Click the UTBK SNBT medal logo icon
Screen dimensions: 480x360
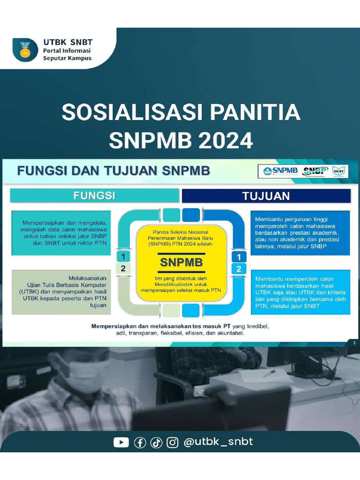tap(25, 49)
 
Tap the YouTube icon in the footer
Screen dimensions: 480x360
tap(121, 442)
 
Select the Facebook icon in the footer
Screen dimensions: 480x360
tap(140, 442)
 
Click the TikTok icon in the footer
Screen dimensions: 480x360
tap(156, 442)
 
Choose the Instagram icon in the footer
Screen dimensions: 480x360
tap(172, 442)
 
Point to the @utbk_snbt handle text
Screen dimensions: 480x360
tap(218, 442)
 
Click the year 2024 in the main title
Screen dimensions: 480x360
tap(223, 140)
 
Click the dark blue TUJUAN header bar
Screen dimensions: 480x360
tap(266, 195)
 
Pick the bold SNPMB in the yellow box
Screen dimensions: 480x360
tap(181, 262)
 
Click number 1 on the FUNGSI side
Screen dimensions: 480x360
tap(123, 256)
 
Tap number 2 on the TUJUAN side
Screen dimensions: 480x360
tap(239, 269)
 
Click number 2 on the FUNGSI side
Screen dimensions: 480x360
tap(123, 269)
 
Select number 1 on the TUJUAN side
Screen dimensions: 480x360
tap(239, 257)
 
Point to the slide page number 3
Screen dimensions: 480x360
tap(354, 344)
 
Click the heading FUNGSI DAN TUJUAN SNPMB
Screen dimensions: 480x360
tap(113, 171)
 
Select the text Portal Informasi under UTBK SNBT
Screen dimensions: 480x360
tap(67, 51)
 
